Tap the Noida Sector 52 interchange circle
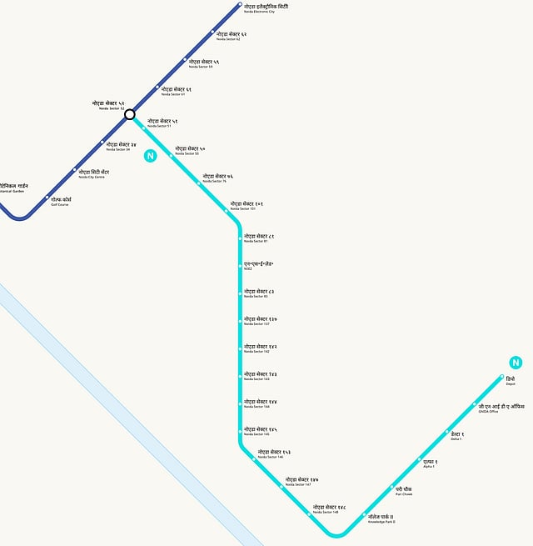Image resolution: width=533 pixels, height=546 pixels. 130,115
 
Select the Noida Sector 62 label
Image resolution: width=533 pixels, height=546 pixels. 231,36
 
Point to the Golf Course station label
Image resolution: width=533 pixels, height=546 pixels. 61,201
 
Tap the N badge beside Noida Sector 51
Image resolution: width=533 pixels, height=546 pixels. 150,155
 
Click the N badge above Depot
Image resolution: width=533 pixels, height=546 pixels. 516,363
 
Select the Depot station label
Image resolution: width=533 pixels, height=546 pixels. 510,381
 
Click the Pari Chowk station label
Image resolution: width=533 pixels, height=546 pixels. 404,490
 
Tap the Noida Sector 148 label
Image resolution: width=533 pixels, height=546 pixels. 329,508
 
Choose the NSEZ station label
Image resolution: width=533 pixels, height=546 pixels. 258,266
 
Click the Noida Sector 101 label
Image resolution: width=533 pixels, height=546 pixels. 247,205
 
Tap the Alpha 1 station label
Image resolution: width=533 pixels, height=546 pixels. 430,463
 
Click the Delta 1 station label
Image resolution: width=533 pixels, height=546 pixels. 457,436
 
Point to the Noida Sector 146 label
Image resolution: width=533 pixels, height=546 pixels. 274,454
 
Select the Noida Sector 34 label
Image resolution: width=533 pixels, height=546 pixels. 121,146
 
